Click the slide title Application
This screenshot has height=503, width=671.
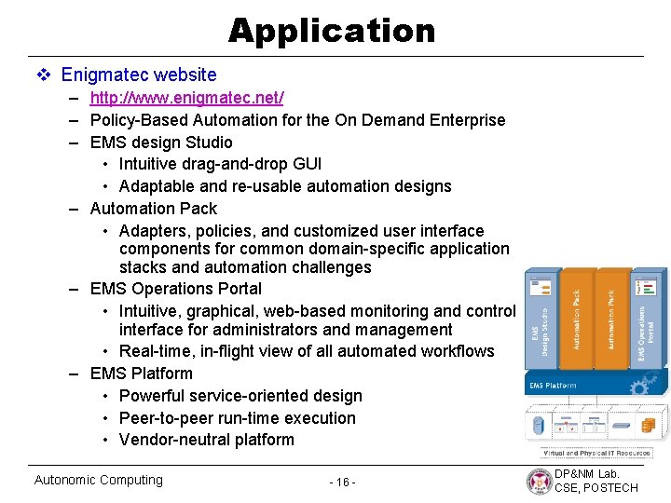[x=332, y=31]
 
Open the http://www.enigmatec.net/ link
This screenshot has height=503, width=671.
[x=186, y=98]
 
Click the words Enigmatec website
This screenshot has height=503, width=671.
[x=139, y=75]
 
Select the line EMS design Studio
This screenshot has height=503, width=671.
[x=161, y=143]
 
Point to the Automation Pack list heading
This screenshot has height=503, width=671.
[x=153, y=209]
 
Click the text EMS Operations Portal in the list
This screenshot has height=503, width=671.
[x=175, y=289]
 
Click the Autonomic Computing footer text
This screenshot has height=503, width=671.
[x=98, y=480]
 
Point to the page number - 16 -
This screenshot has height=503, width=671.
[x=343, y=482]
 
